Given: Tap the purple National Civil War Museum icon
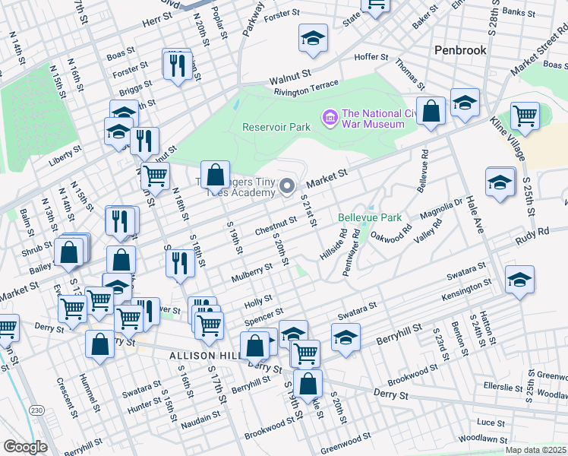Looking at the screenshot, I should point(330,116).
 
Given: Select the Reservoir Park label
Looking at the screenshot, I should point(273,127).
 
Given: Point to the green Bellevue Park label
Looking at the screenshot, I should point(369,217).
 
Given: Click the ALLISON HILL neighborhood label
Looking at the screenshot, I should point(200,355).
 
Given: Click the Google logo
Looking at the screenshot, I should point(25,447).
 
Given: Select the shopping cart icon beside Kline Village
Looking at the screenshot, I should point(525,116).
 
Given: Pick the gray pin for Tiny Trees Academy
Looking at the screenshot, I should point(287,185).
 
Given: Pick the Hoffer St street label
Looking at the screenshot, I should point(372,57).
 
